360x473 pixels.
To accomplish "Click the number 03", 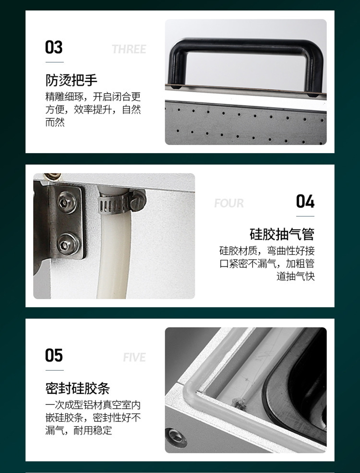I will tap(54, 48).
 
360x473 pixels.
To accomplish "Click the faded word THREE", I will tap(129, 49).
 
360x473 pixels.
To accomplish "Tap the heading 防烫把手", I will tap(72, 80).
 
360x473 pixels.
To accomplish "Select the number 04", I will tap(305, 202).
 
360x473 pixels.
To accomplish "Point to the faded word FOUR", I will tap(229, 204).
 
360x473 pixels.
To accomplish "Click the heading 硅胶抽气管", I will tap(282, 234).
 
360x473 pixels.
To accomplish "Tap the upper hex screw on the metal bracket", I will tap(67, 202).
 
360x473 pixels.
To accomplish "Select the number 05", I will tap(54, 356).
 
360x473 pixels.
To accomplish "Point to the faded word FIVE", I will tap(134, 358).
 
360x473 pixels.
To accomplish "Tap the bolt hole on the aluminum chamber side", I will tap(176, 437).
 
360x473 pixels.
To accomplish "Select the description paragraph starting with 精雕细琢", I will tap(93, 109).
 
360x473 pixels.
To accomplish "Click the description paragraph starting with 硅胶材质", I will tap(267, 264).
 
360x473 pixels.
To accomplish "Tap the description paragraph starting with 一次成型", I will tap(93, 417).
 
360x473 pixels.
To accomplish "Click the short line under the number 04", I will tap(305, 216).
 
